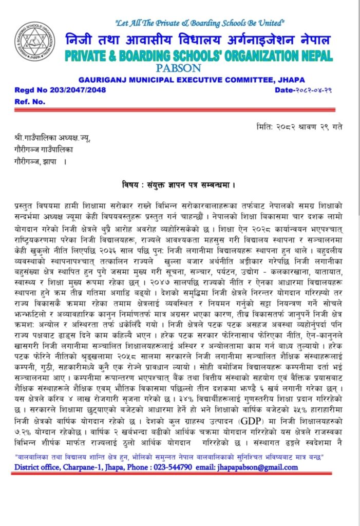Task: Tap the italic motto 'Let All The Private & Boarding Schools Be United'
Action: click(200, 23)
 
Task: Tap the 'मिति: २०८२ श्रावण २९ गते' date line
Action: click(299, 127)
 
